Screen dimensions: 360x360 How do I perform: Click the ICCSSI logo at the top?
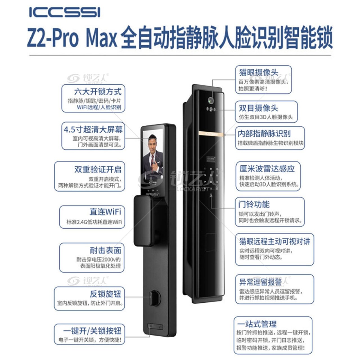pos(65,12)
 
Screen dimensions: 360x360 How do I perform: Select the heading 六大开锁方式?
pos(98,92)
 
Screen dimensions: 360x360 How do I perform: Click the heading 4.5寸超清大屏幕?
pos(93,129)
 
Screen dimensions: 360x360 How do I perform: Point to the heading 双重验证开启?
pos(98,169)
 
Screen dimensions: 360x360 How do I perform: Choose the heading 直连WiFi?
pos(105,212)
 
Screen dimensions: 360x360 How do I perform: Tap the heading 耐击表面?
pos(105,250)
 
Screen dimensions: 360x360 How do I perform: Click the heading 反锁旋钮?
pos(105,294)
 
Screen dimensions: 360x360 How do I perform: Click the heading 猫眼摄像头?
pos(259,72)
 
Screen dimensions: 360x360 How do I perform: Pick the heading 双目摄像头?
pos(258,108)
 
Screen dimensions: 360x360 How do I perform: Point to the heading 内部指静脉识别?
pos(264,133)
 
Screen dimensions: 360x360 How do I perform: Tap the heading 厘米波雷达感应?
pos(267,168)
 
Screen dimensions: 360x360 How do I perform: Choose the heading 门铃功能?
pos(254,204)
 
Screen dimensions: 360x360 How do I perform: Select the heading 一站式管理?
pos(257,324)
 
